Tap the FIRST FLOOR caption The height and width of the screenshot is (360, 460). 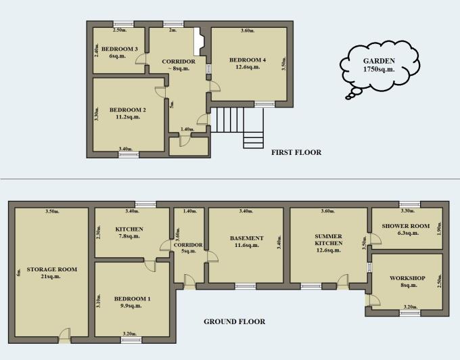pos(296,152)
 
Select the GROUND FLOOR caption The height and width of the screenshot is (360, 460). pos(234,321)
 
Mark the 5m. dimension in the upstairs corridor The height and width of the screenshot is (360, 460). pos(172,104)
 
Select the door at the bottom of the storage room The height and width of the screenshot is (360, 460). pos(65,332)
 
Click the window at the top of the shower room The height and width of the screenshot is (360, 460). pos(407,204)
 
